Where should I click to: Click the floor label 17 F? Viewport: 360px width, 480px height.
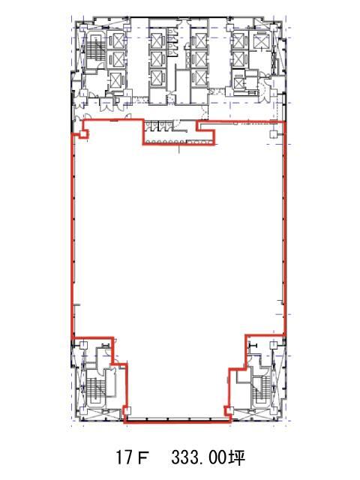132,457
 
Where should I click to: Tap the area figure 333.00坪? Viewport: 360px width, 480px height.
208,457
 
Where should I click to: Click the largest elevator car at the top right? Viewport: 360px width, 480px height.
260,40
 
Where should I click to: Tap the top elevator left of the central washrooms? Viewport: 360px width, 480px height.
157,40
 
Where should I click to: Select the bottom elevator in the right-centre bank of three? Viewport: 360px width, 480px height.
200,78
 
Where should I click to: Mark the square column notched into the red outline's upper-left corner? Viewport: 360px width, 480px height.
83,133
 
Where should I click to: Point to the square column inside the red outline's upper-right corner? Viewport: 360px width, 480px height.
274,134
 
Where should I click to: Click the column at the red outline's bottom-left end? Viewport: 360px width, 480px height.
127,411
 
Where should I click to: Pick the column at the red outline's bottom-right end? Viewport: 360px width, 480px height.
229,410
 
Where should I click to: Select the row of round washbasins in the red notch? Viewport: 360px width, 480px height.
165,142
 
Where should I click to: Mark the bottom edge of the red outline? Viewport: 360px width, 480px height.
178,421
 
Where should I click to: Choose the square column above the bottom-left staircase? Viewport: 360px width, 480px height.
83,345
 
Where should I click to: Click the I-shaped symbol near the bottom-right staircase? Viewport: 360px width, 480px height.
253,346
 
